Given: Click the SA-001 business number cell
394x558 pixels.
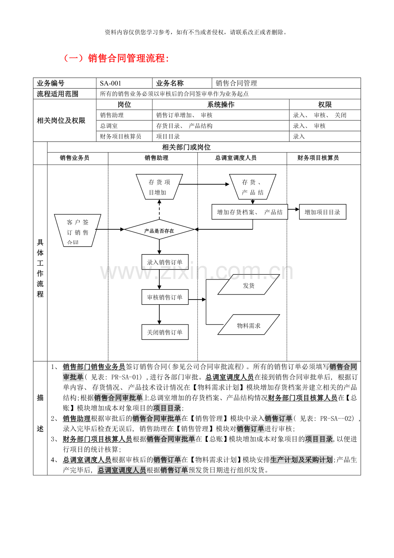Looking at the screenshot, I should (124, 83).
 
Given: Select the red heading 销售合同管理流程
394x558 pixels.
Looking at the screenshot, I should (116, 58).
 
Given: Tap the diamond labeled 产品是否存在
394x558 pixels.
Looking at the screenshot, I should (159, 230).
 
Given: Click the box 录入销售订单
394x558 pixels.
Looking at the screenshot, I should (165, 262).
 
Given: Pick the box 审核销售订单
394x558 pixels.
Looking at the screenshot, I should (165, 297).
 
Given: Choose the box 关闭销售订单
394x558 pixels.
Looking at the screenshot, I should (165, 332).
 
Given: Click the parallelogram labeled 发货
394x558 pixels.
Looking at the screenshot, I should (248, 285).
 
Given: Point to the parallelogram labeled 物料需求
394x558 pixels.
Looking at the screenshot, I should (248, 325).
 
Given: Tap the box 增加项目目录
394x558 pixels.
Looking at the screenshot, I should (322, 212).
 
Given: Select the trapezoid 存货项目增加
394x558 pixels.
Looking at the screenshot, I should (159, 187).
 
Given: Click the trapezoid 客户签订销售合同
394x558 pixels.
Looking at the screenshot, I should (78, 230).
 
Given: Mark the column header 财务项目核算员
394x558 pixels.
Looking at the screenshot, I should (318, 158).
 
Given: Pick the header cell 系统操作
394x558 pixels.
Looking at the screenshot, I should (221, 105).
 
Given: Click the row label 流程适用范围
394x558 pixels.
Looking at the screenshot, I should (58, 94).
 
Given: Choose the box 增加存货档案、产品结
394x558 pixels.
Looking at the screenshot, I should (250, 212).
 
